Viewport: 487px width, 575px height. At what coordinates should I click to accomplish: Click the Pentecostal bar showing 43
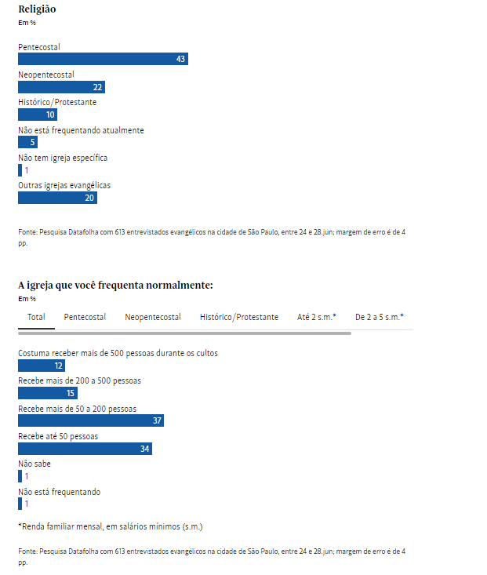coord(103,59)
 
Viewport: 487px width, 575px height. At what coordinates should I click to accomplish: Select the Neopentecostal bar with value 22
coord(61,87)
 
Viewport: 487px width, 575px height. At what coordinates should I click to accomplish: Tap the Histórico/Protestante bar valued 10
coord(38,115)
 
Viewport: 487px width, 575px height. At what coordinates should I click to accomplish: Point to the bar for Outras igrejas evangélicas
coord(57,198)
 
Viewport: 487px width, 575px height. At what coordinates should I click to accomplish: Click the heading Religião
coord(37,9)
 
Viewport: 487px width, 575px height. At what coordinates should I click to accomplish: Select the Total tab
coord(36,317)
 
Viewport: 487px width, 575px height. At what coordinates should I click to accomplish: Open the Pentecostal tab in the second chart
coord(85,317)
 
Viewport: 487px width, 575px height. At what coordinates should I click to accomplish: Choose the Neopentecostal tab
coord(153,317)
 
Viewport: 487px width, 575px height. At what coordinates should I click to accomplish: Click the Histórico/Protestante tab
coord(239,317)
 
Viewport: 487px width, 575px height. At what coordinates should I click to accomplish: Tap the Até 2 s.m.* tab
coord(317,317)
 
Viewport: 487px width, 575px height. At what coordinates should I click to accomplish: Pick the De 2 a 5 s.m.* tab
coord(380,317)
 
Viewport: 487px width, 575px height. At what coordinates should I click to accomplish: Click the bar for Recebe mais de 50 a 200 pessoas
coord(90,420)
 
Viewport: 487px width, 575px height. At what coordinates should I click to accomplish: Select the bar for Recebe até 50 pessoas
coord(85,449)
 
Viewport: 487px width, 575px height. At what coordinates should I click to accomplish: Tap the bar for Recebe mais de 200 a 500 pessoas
coord(48,393)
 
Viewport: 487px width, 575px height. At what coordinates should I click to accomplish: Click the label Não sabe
coord(35,464)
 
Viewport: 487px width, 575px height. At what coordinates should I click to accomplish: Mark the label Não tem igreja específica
coord(63,158)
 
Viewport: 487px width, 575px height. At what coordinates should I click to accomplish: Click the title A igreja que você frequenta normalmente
coord(115,286)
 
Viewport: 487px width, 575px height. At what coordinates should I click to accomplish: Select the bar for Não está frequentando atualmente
coord(27,142)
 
